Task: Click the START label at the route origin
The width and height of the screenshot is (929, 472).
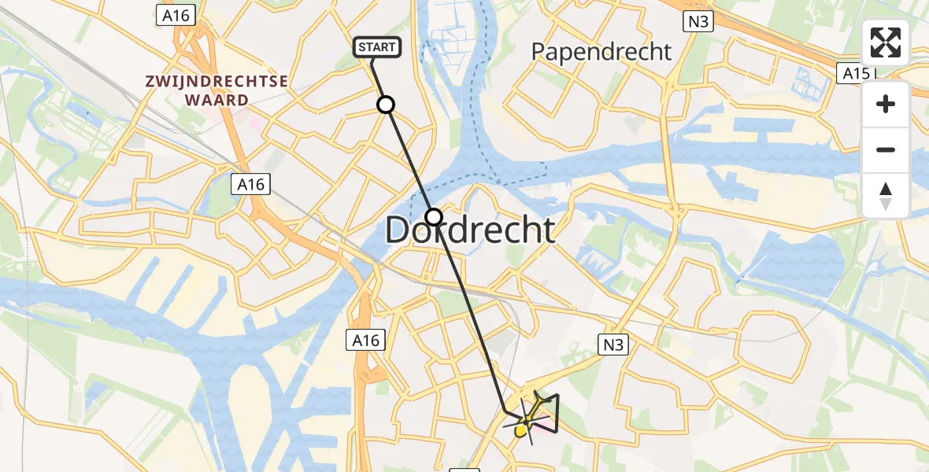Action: click(x=377, y=48)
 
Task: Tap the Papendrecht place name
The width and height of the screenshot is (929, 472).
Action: click(x=601, y=52)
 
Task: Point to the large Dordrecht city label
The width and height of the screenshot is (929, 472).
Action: click(x=470, y=230)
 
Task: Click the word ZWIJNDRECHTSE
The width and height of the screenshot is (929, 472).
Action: click(x=215, y=81)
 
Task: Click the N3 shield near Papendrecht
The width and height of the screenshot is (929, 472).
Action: click(x=697, y=21)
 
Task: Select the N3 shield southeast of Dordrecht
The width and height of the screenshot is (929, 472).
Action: click(x=610, y=343)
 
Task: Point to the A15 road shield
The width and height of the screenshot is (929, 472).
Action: click(x=853, y=73)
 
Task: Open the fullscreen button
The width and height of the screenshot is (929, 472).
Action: click(x=886, y=42)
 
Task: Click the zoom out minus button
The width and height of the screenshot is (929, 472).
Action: click(x=886, y=149)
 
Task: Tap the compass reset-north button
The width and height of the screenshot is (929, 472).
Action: click(x=886, y=195)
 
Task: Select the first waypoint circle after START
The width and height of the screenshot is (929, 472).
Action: click(x=386, y=105)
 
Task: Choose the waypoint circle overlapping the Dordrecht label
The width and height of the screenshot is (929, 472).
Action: click(x=434, y=216)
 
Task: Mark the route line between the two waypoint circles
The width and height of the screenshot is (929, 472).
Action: click(x=409, y=160)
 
